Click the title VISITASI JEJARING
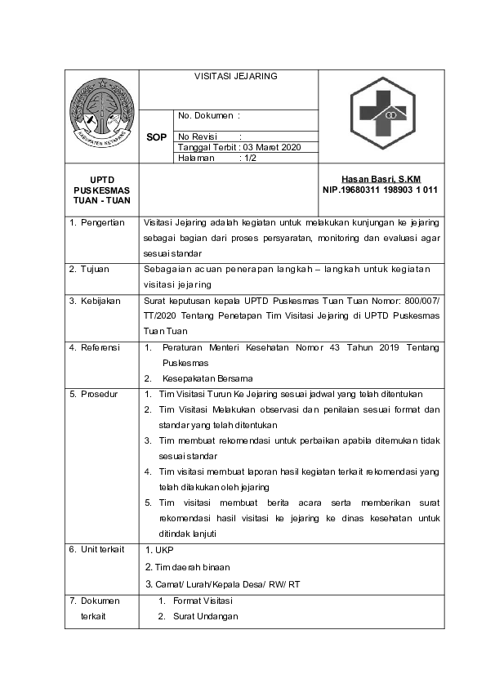coord(235,76)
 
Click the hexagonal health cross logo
coord(382,115)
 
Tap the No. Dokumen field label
coord(208,116)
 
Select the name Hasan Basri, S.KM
coord(380,179)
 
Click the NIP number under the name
coord(381,190)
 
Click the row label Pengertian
coord(96,222)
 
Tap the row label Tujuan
coord(90,268)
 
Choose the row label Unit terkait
coord(96,549)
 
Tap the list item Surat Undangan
coord(205,616)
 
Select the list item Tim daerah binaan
coord(187,566)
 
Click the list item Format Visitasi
coord(204,601)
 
